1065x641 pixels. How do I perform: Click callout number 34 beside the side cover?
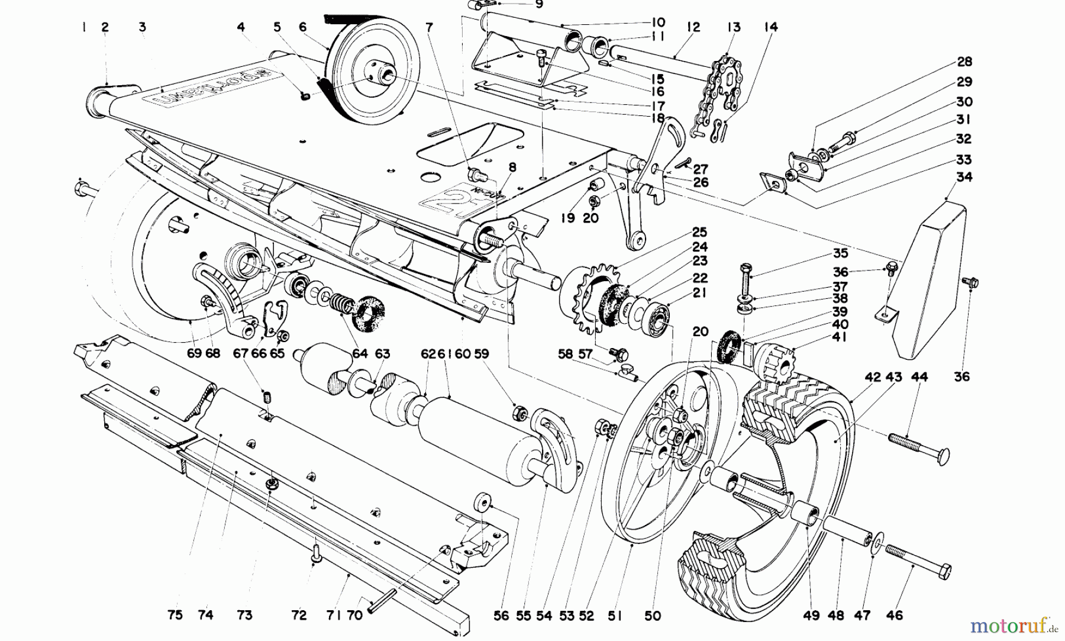pyautogui.click(x=964, y=177)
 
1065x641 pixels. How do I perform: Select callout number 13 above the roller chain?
pyautogui.click(x=734, y=27)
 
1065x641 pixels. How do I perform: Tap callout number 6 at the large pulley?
pyautogui.click(x=303, y=27)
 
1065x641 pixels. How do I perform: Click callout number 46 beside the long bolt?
pyautogui.click(x=895, y=616)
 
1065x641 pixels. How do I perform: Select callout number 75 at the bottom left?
pyautogui.click(x=175, y=616)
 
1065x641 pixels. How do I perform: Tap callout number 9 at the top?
pyautogui.click(x=538, y=5)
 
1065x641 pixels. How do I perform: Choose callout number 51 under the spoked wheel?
pyautogui.click(x=615, y=616)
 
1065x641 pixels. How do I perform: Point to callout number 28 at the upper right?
pyautogui.click(x=964, y=62)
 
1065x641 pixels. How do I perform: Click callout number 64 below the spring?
pyautogui.click(x=360, y=354)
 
